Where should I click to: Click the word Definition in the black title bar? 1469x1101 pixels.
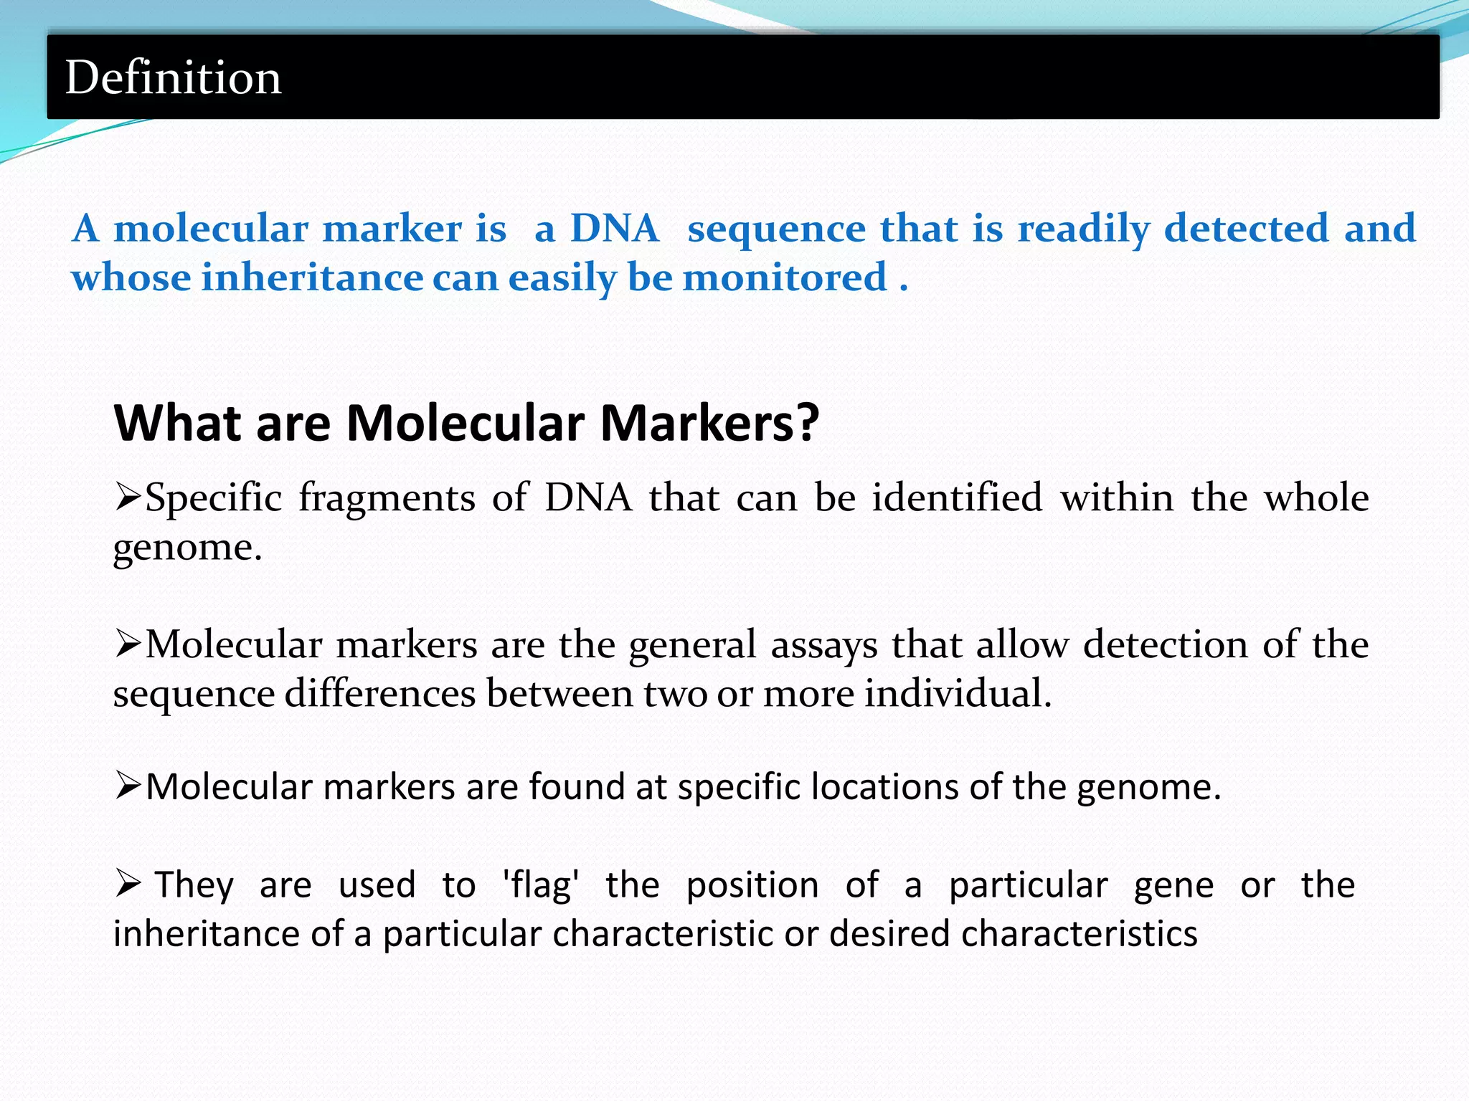(173, 77)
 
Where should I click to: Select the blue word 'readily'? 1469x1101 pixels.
(1083, 229)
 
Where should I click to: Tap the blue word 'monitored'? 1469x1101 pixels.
(785, 278)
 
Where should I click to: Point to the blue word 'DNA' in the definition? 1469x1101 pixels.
(614, 229)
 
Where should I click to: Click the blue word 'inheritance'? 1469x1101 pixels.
(313, 278)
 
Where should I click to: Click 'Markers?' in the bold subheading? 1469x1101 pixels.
(709, 423)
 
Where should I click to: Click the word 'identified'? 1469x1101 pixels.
(957, 497)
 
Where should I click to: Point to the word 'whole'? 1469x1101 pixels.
(1316, 497)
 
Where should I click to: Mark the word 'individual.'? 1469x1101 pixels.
(958, 693)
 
